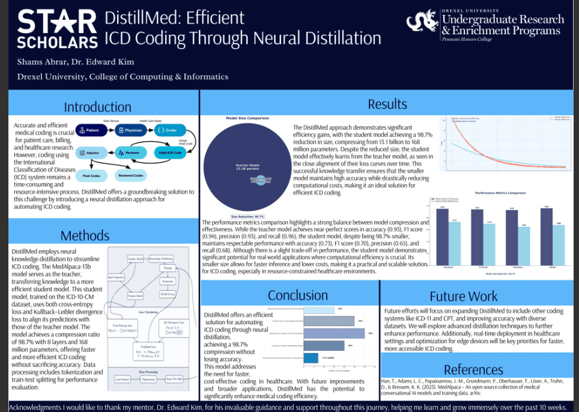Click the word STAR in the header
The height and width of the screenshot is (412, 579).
(x=57, y=22)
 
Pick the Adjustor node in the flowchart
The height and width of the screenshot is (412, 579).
(x=91, y=153)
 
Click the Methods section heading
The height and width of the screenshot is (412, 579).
(x=85, y=235)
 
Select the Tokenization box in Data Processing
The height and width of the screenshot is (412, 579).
(x=148, y=379)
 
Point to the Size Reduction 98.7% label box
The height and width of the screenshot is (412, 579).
(x=247, y=216)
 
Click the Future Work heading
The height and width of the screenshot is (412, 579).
(x=463, y=296)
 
